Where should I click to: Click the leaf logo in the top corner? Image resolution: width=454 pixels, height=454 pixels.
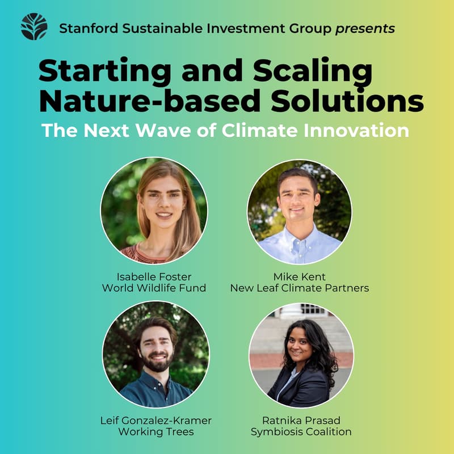(34, 27)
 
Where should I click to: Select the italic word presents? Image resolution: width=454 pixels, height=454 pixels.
(365, 28)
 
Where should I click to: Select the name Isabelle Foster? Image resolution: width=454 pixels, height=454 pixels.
(154, 276)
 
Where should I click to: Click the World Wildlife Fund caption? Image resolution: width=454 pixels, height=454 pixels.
(154, 288)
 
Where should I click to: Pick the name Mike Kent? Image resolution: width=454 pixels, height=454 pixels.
(299, 276)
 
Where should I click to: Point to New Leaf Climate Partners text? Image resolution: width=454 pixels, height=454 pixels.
(299, 288)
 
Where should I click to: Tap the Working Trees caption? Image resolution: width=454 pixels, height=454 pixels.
(155, 432)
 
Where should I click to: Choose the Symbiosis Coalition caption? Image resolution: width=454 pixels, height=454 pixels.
(301, 432)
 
